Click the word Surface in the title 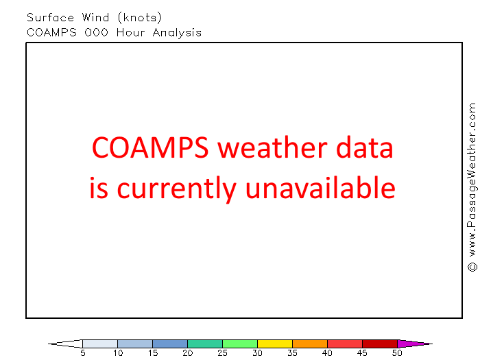[x=51, y=17]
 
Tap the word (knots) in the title [x=140, y=18]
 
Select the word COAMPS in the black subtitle [x=51, y=32]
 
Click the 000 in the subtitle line [x=97, y=32]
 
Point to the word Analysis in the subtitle [x=177, y=33]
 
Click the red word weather [x=273, y=148]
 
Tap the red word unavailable [x=320, y=187]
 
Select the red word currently [x=177, y=189]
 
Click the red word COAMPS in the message [x=150, y=147]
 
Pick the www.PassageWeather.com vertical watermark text [x=472, y=180]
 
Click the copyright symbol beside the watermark [x=472, y=267]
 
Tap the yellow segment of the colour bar [x=275, y=344]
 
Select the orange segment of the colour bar [x=310, y=344]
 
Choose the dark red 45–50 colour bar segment [x=380, y=344]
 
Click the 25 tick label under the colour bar [x=223, y=353]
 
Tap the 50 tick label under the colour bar [x=397, y=353]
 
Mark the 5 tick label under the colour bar [x=83, y=353]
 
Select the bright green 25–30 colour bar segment [x=240, y=344]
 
